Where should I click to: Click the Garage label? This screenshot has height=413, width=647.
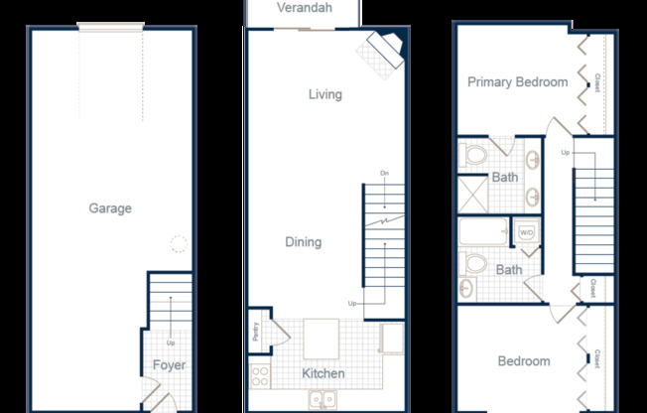(x=110, y=208)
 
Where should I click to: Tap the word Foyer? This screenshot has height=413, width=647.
(x=169, y=365)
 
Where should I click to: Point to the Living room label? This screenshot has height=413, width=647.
(x=324, y=95)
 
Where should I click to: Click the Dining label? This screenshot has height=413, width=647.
(x=304, y=242)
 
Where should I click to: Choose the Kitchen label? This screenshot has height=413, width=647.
(x=323, y=373)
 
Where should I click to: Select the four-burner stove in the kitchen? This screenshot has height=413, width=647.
(x=261, y=376)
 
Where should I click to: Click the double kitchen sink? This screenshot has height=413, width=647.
(x=322, y=399)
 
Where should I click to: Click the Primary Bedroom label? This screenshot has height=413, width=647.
(x=518, y=82)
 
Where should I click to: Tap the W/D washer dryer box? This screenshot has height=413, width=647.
(x=526, y=232)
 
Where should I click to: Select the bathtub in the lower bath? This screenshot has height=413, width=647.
(x=483, y=233)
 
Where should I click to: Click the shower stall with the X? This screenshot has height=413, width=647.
(x=472, y=192)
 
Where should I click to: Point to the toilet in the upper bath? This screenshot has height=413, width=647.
(x=475, y=156)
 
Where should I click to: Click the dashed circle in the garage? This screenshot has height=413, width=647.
(x=178, y=244)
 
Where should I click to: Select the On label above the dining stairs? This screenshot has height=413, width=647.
(x=384, y=174)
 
